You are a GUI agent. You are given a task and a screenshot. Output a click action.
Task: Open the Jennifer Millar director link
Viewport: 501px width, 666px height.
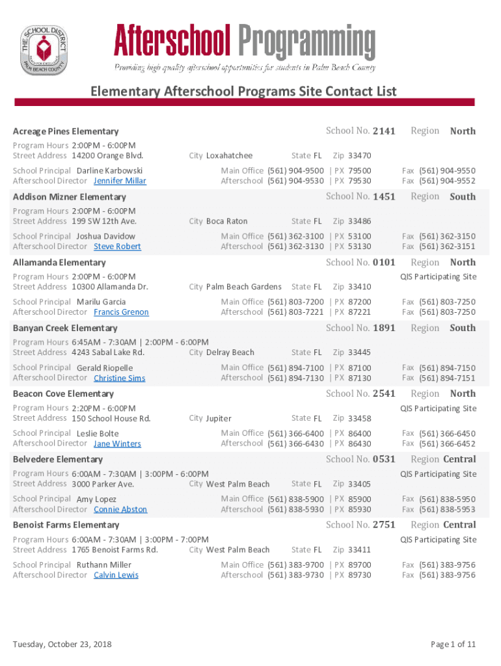[x=120, y=181]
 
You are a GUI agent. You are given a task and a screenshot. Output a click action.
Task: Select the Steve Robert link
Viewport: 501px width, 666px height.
[x=117, y=246]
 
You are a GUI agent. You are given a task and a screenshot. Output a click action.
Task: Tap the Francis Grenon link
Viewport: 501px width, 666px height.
[x=121, y=312]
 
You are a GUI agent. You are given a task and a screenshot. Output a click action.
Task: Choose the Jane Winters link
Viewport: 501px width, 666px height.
[x=117, y=444]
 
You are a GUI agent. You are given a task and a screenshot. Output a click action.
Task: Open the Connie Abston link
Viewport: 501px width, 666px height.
[x=120, y=509]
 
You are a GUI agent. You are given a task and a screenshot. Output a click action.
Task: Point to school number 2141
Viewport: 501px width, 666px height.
[x=384, y=131]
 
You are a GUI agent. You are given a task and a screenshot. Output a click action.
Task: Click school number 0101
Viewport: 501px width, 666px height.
[x=384, y=262]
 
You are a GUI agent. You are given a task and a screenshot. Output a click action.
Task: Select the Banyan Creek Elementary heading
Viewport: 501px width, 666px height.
[x=65, y=328]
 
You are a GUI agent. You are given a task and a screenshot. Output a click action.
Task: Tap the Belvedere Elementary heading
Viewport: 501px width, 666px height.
[x=58, y=459]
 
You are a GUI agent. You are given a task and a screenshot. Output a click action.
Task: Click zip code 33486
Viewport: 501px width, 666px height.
[x=359, y=221]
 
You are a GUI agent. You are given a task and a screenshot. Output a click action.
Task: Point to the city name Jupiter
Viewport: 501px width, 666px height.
[x=219, y=418]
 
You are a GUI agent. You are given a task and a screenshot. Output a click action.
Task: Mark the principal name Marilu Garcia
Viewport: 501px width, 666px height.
[x=102, y=302]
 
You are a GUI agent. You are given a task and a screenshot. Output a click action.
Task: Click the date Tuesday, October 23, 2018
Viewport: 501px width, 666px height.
[x=62, y=644]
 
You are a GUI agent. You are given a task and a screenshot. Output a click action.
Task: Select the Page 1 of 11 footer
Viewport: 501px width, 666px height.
[x=453, y=644]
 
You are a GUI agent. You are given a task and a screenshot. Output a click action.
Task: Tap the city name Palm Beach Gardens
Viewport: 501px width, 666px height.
[x=244, y=287]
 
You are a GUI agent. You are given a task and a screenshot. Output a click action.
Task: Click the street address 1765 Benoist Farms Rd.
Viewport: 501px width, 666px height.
[x=115, y=550]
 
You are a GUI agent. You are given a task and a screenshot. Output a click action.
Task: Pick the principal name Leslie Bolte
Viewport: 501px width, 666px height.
[x=98, y=433]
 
